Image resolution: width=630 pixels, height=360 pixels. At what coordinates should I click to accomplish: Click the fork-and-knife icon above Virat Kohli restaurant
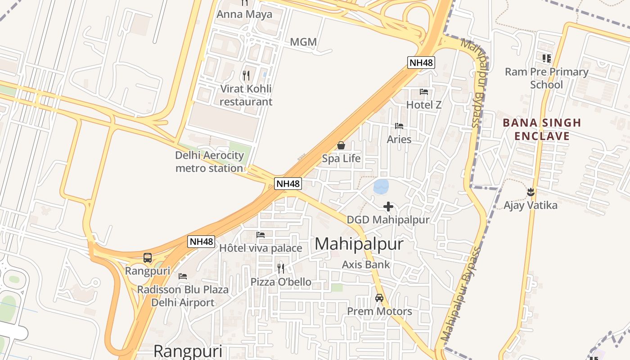(246, 75)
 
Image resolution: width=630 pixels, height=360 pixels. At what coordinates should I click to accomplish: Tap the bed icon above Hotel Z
(423, 92)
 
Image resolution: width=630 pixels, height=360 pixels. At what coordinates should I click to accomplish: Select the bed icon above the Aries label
(399, 126)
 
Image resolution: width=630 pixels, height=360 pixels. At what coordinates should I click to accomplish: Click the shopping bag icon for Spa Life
(341, 145)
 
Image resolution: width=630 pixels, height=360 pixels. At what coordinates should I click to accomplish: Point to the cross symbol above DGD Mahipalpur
(388, 207)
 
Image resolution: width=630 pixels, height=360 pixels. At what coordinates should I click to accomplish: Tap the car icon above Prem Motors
(379, 298)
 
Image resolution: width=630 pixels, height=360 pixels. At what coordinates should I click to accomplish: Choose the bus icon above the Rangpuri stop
(148, 258)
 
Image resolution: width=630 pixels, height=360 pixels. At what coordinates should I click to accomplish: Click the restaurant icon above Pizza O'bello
(281, 269)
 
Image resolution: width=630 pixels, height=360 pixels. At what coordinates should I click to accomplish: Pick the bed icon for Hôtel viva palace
(260, 235)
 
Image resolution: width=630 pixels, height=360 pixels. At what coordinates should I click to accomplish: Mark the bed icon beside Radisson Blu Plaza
(182, 276)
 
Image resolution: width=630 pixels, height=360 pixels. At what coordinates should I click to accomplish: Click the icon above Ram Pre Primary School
(546, 58)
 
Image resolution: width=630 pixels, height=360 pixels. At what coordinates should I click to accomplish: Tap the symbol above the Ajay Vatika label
(531, 192)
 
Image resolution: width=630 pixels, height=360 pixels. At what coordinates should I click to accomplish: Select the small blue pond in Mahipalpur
(381, 186)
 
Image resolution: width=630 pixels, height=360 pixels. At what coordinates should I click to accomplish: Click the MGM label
(303, 42)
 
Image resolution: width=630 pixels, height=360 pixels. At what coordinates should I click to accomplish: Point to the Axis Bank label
(366, 265)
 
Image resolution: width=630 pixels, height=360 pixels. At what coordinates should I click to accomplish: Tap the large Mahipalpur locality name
(359, 244)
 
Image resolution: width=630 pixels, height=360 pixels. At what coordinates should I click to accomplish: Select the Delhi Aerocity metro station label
(210, 162)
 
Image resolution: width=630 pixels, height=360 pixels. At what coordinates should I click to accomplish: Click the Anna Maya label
(244, 14)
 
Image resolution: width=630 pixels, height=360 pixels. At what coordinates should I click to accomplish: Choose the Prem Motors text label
(379, 311)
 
